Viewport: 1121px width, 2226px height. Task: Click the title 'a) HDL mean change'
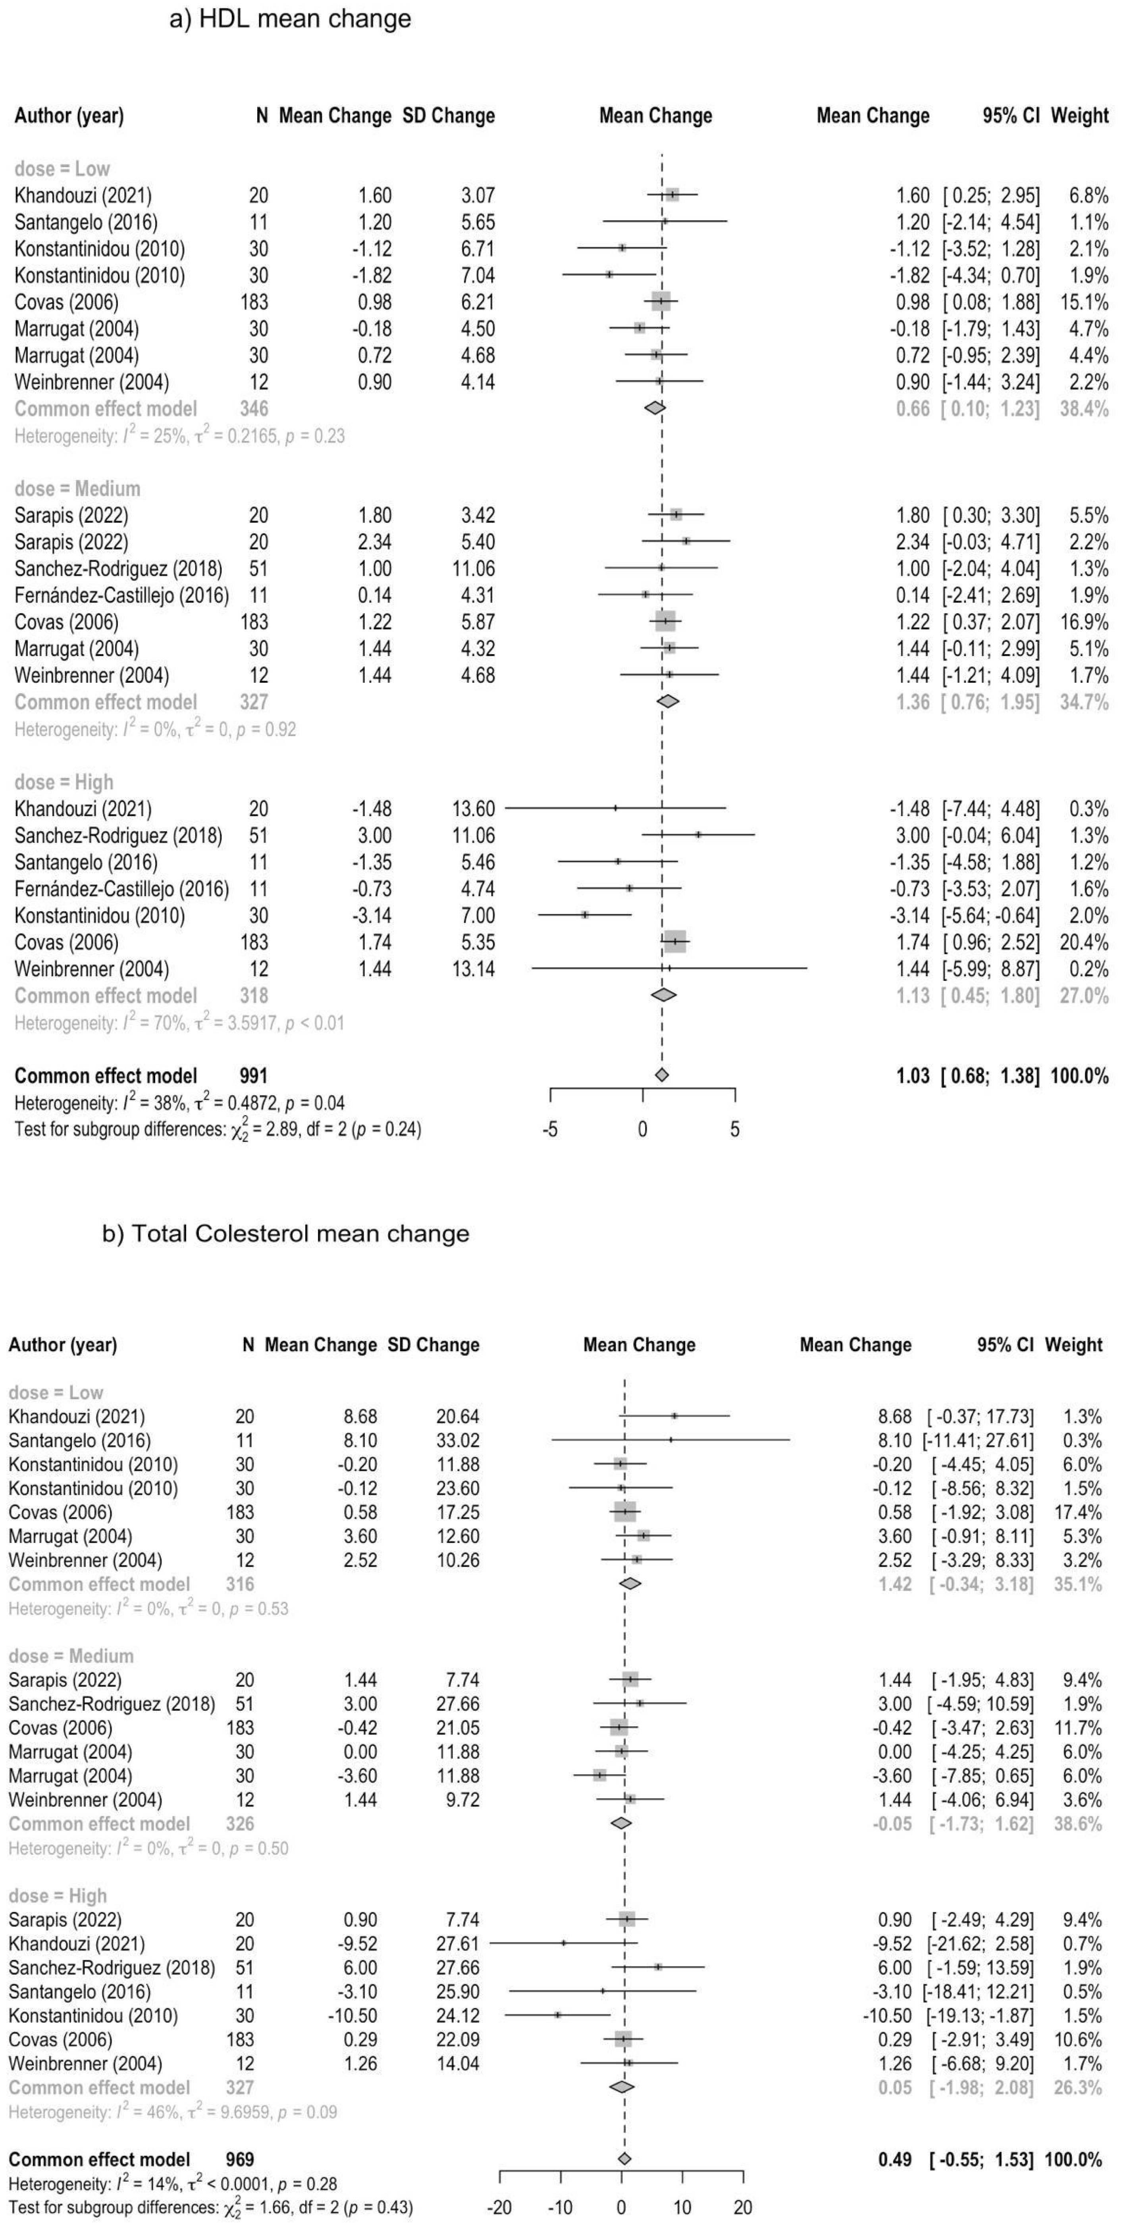click(291, 19)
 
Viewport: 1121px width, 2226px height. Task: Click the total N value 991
click(253, 1076)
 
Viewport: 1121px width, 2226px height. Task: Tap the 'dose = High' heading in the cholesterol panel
click(57, 1896)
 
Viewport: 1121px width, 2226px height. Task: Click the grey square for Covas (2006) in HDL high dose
click(675, 942)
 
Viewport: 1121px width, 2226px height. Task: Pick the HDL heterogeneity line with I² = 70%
click(179, 1023)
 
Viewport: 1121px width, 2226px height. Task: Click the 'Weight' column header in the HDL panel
click(1079, 116)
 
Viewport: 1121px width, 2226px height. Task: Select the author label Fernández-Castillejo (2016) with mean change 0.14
click(122, 595)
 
